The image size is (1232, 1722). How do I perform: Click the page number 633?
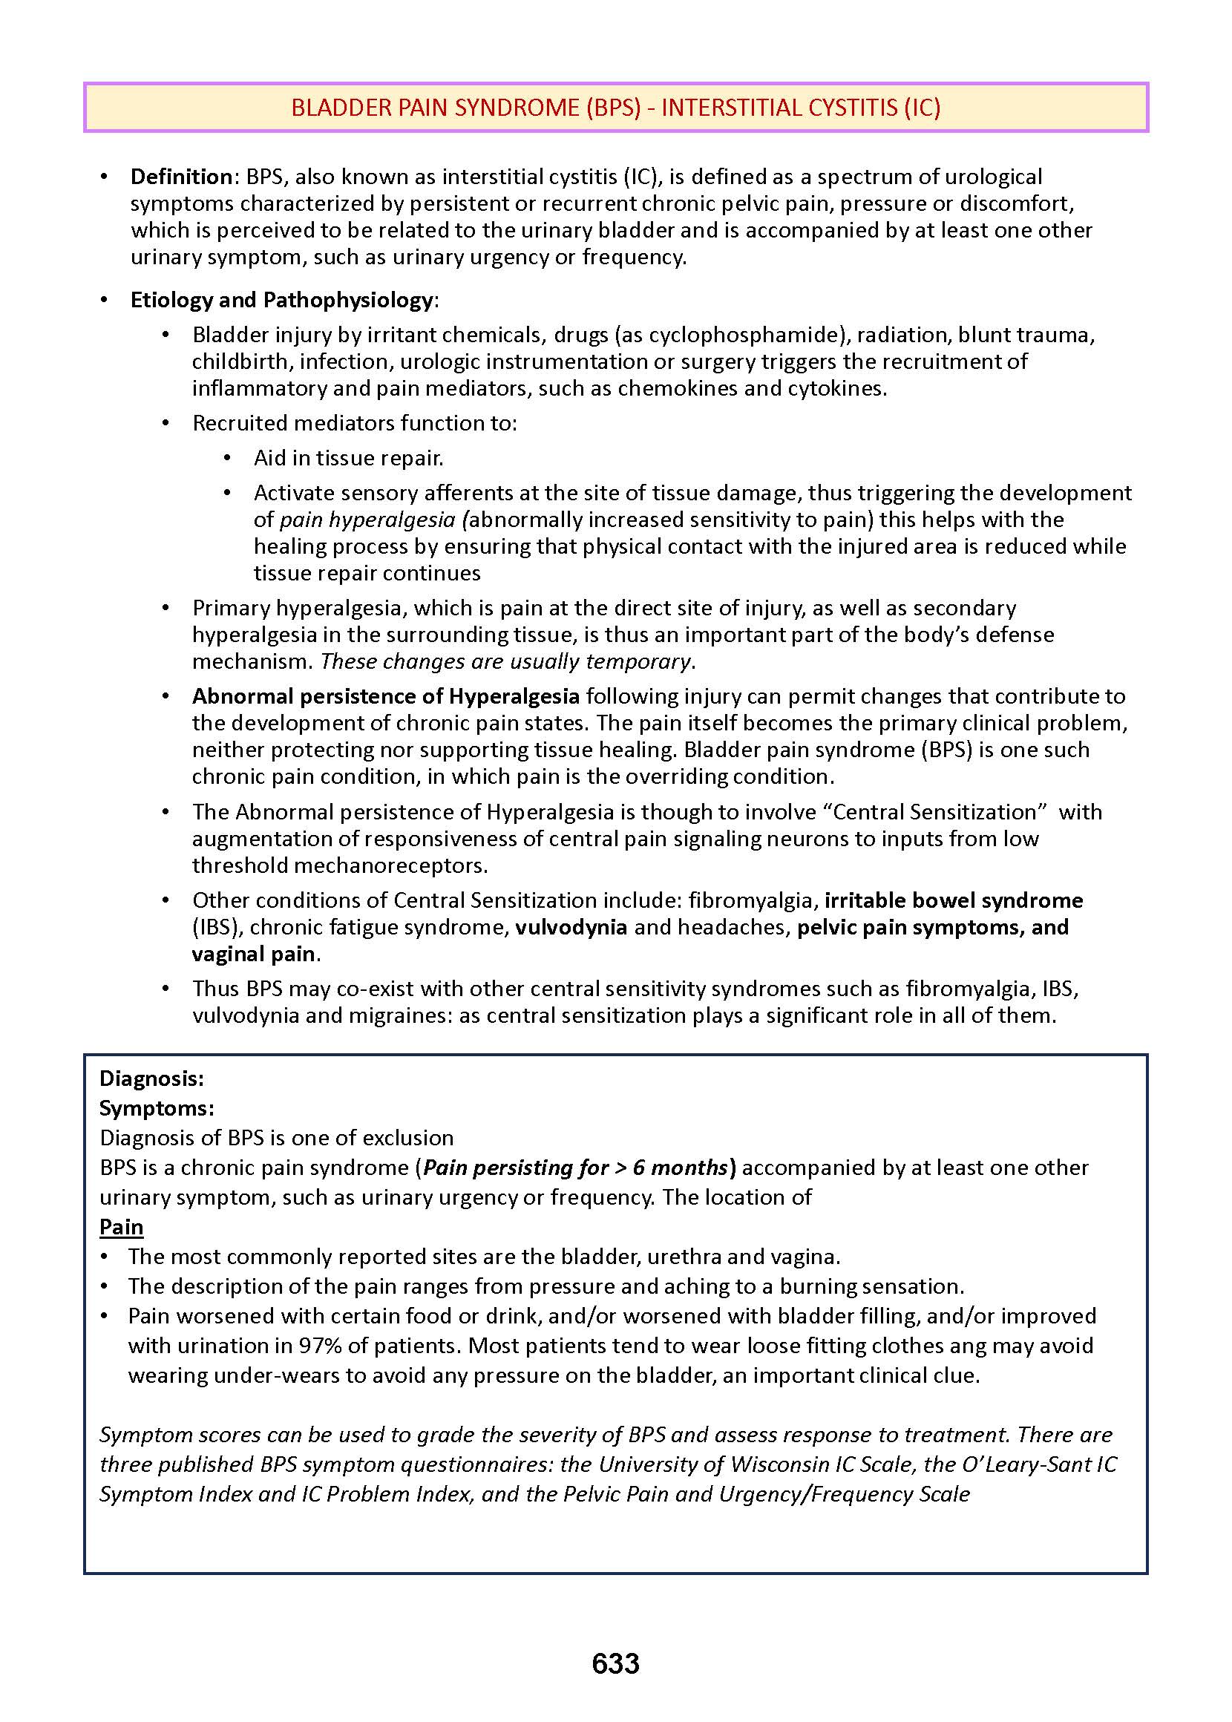(x=615, y=1663)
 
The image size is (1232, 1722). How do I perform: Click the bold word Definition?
(x=181, y=177)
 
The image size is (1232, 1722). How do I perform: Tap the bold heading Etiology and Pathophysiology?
(x=281, y=300)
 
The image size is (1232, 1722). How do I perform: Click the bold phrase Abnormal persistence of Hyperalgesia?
(x=385, y=696)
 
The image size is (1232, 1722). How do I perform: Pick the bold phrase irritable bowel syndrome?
(x=954, y=900)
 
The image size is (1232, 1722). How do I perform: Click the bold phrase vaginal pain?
(x=253, y=954)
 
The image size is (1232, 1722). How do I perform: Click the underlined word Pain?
(x=122, y=1227)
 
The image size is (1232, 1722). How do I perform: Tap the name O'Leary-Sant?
(x=1026, y=1464)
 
